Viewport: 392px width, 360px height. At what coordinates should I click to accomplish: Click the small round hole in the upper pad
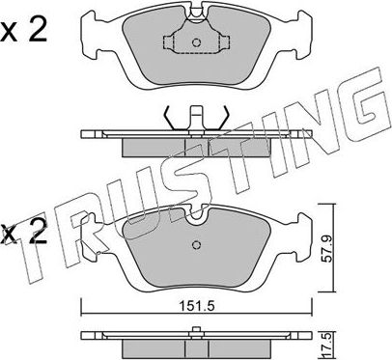pyautogui.click(x=196, y=42)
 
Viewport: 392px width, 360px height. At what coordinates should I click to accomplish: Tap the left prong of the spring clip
pyautogui.click(x=172, y=115)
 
